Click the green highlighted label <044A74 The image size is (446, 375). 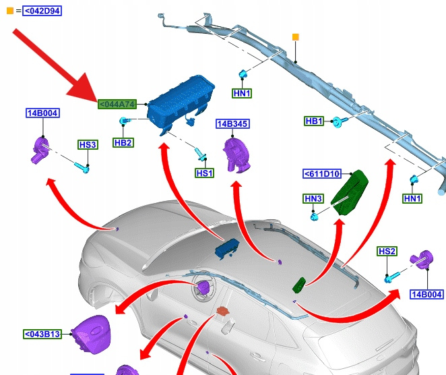point(117,104)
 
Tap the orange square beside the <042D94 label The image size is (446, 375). point(9,11)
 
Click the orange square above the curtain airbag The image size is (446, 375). point(295,36)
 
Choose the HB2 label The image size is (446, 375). point(123,143)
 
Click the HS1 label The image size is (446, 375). point(204,173)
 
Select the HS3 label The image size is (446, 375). point(88,144)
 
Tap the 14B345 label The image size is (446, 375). point(232,124)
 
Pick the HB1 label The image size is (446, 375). point(314,121)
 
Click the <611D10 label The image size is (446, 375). point(323,174)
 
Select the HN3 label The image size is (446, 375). point(314,198)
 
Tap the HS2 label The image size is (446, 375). point(387,252)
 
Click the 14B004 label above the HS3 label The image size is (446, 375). point(42,113)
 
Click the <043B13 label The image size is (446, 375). point(42,334)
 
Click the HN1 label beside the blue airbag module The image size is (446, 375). point(242,93)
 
